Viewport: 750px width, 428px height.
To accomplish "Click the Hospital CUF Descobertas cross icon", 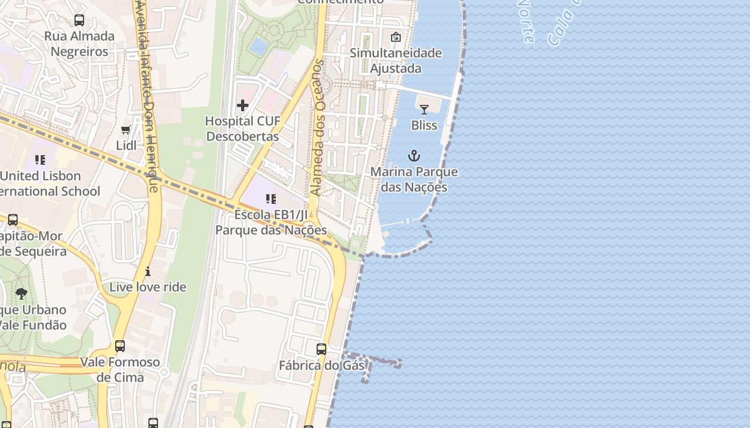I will [x=243, y=105].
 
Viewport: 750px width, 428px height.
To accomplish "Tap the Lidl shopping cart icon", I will [x=126, y=130].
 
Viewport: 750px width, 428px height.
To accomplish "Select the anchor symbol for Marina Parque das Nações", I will [x=414, y=156].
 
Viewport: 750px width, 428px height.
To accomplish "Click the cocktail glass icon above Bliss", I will [x=424, y=110].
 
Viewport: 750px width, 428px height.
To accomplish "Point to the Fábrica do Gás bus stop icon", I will [x=321, y=349].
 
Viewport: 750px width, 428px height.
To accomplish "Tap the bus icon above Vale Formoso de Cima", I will [x=120, y=346].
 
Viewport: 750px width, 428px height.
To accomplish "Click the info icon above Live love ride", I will [x=148, y=271].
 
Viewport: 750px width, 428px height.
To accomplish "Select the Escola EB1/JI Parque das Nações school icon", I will [x=271, y=200].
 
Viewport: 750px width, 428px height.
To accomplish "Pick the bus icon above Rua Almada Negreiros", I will [x=79, y=20].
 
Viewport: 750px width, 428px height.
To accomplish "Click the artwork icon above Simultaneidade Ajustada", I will [x=396, y=37].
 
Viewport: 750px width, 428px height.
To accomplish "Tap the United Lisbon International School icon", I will [x=40, y=160].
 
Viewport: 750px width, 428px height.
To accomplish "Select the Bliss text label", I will [x=424, y=125].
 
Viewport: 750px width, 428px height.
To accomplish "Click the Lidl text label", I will [x=126, y=146].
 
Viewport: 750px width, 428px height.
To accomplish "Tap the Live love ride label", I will [x=148, y=287].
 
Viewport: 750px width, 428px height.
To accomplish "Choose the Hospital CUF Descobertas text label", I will [x=243, y=129].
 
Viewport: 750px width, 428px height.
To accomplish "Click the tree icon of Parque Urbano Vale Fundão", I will [x=21, y=293].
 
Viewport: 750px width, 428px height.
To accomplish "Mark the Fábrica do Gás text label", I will [x=321, y=366].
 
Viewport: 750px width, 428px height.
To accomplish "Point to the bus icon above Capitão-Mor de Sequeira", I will [x=13, y=220].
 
